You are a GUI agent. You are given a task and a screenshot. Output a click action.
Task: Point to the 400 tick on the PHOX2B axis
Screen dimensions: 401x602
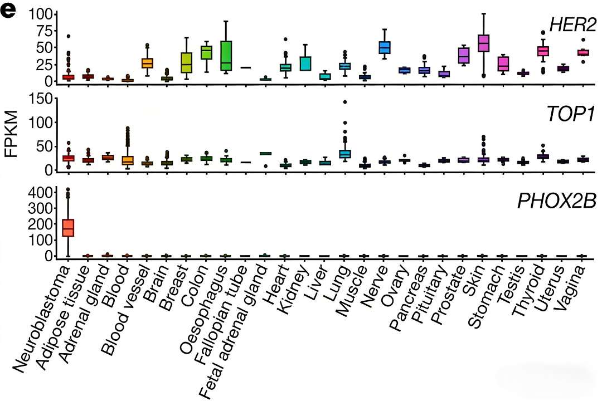coord(42,193)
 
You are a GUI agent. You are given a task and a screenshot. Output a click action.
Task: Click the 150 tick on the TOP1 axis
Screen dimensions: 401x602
coord(42,100)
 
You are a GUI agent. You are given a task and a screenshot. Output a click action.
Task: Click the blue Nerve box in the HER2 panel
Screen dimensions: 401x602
coord(385,47)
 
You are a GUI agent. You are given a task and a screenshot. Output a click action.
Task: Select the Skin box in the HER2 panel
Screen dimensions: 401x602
coord(484,43)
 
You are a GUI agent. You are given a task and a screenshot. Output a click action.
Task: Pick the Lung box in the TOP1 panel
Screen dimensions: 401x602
coord(345,153)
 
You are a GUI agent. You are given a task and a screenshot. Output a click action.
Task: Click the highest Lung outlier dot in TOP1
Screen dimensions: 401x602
coord(345,102)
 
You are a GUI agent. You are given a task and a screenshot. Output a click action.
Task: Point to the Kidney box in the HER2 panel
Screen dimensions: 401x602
coord(305,63)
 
